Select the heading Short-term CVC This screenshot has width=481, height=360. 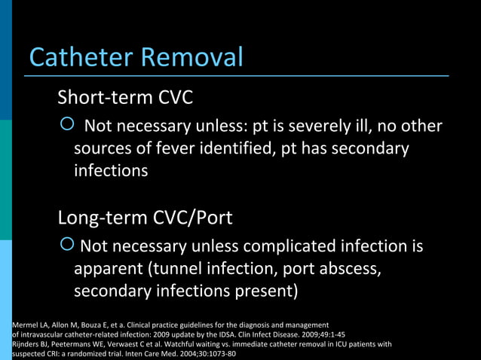pos(125,97)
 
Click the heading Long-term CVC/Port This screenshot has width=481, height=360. pos(145,218)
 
